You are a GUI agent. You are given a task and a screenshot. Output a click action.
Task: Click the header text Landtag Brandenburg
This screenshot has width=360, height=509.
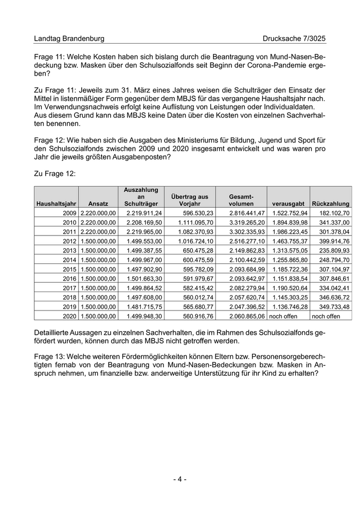(x=69, y=39)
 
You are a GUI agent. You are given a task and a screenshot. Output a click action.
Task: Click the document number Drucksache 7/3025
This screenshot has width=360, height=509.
(x=294, y=39)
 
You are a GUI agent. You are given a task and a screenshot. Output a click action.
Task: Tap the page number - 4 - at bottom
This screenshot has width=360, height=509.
(x=179, y=479)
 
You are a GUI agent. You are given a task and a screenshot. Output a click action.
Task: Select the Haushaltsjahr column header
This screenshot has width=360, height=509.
(x=56, y=204)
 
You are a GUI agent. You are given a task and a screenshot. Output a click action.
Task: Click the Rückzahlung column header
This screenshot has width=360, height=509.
(x=331, y=204)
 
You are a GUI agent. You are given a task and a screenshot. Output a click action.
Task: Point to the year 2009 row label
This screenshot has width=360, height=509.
(x=69, y=213)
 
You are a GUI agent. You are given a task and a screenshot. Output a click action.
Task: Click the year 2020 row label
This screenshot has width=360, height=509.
(x=69, y=316)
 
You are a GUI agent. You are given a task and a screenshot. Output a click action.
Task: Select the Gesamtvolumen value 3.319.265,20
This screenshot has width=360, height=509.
(x=247, y=222)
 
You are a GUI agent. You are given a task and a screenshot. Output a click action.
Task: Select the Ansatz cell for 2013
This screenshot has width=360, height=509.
(x=98, y=250)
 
